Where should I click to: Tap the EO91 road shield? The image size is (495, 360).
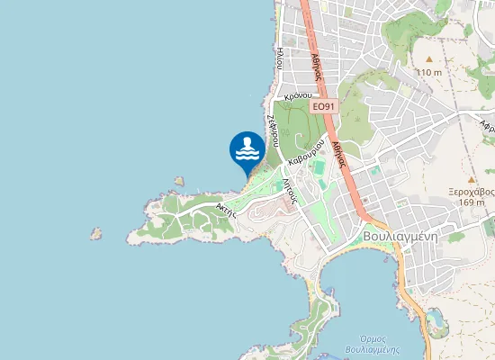(x=325, y=105)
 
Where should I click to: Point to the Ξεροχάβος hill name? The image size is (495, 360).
(x=472, y=191)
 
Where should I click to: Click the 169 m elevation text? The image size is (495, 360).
(x=472, y=202)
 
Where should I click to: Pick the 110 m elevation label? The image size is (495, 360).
(x=429, y=72)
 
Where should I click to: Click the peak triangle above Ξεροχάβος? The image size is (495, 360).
(x=471, y=179)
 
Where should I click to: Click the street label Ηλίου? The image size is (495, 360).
(x=281, y=58)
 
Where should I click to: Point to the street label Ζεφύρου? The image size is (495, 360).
(x=271, y=129)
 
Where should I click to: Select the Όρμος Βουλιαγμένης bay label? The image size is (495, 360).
(x=372, y=344)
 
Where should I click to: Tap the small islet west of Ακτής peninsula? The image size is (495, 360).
(x=95, y=233)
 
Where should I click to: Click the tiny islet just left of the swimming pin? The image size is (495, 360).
(x=180, y=181)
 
